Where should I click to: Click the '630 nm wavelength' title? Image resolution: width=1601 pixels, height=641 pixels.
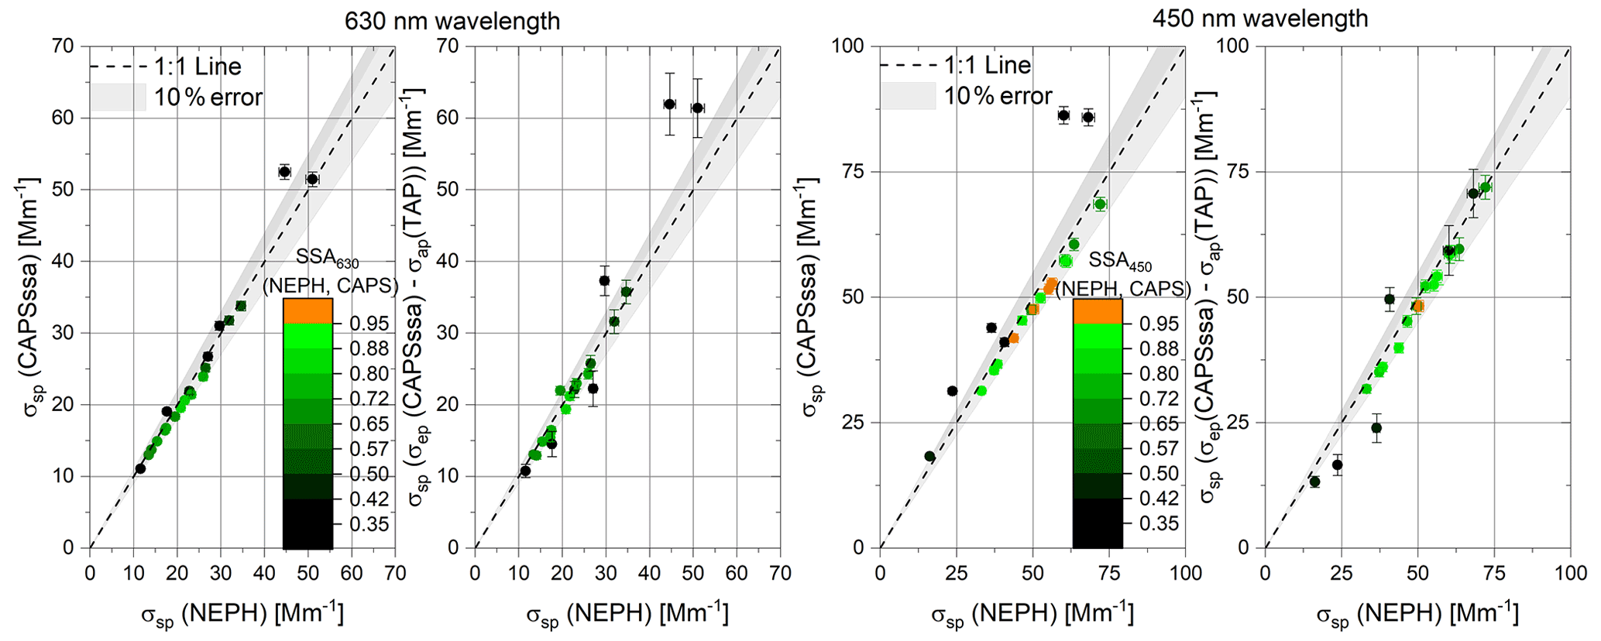coord(452,20)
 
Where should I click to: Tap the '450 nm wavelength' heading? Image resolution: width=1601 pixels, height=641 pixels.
coord(1259,18)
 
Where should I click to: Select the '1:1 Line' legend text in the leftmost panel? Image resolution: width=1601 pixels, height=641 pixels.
coord(198,67)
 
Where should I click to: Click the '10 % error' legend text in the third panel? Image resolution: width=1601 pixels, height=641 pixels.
coord(998,96)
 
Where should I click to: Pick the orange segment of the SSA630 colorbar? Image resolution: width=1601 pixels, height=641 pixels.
coord(307,310)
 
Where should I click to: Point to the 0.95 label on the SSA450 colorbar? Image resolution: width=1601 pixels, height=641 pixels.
coord(1160,324)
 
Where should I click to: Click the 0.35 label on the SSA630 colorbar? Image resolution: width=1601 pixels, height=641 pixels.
coord(369,524)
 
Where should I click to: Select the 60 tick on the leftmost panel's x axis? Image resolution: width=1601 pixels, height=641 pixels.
coord(352,573)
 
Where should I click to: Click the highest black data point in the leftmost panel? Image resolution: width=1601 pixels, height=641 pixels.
coord(284,172)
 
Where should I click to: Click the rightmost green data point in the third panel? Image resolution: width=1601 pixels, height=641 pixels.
coord(1100,204)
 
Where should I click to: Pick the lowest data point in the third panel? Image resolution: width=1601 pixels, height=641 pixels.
coord(929,457)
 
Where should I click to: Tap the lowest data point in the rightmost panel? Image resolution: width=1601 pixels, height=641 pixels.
coord(1314,482)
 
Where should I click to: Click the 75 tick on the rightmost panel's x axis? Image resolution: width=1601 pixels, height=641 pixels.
coord(1494,573)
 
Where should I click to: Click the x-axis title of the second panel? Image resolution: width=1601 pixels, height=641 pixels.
coord(627,614)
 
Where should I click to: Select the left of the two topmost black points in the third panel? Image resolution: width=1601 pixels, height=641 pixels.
coord(1063,115)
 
